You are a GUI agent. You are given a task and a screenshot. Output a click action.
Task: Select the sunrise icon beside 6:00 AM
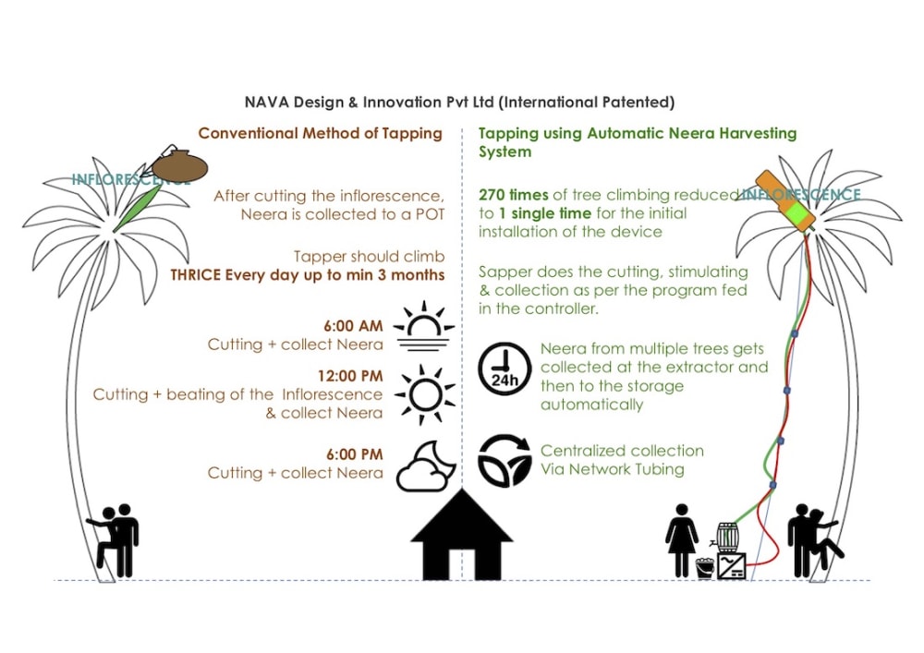424,328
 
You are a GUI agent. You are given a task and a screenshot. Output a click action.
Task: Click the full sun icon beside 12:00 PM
424,393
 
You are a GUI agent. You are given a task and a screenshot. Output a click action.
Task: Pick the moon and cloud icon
425,466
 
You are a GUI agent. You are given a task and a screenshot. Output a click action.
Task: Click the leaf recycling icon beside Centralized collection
504,459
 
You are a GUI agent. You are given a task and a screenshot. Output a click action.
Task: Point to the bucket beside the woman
704,567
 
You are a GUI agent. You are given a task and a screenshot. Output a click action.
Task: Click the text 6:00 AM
353,326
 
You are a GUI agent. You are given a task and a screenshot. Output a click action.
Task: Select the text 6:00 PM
353,454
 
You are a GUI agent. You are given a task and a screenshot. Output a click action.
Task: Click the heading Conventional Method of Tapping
321,133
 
